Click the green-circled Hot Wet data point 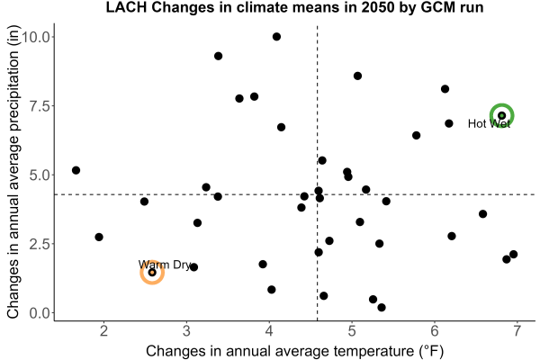502,115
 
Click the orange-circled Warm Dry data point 152,273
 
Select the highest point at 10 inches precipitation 276,37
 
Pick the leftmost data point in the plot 76,170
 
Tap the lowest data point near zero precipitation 382,307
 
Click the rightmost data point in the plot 514,254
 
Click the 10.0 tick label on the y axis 36,37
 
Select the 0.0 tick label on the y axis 40,313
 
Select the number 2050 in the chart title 377,7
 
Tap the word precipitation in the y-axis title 13,110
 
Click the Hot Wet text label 489,123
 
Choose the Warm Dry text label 165,265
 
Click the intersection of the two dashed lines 317,194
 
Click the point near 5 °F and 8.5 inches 357,76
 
